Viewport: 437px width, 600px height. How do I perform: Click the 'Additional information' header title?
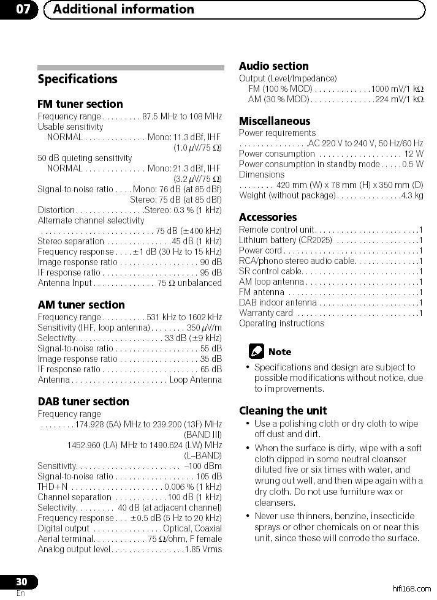(x=123, y=9)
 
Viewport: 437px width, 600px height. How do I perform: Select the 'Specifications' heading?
(x=77, y=79)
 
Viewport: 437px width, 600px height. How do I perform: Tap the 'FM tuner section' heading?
(x=80, y=104)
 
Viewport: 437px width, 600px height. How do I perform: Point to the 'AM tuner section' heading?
(x=81, y=305)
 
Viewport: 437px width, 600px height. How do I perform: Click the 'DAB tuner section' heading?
(x=83, y=402)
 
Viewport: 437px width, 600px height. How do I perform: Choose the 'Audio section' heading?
(x=273, y=66)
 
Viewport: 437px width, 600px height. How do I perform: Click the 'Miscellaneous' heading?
(x=275, y=121)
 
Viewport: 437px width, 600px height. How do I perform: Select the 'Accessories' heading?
(x=268, y=217)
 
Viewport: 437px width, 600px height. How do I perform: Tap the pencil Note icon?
(x=257, y=351)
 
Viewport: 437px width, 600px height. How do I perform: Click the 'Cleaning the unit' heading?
(x=283, y=411)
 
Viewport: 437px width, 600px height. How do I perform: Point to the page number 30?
(x=21, y=582)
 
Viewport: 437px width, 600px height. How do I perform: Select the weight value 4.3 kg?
(x=411, y=196)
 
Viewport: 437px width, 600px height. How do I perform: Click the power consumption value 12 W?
(x=413, y=154)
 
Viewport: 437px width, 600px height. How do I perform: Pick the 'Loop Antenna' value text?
(x=196, y=380)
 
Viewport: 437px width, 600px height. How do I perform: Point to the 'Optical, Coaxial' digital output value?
(x=192, y=528)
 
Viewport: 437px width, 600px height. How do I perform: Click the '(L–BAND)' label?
(x=203, y=455)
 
